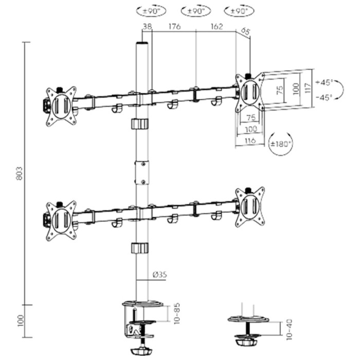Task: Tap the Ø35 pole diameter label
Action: point(160,275)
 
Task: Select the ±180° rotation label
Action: point(281,143)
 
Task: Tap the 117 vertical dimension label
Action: point(307,88)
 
